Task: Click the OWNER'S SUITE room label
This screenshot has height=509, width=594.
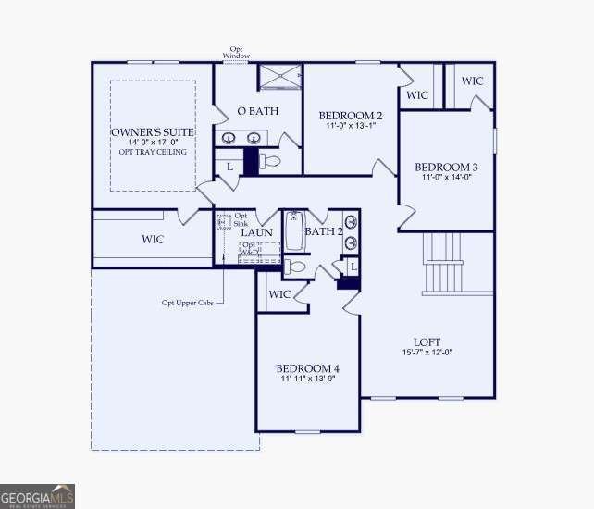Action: (152, 132)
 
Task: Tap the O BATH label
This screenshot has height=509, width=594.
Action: (254, 111)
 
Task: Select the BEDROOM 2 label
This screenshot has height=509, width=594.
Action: (351, 116)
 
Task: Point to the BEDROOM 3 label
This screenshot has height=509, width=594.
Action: (446, 167)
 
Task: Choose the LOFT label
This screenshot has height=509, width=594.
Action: (427, 341)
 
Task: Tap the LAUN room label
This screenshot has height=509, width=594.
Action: (256, 231)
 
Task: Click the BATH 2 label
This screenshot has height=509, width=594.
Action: (324, 231)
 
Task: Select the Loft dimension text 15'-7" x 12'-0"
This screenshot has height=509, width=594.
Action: (427, 352)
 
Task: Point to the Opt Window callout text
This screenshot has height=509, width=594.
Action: (236, 52)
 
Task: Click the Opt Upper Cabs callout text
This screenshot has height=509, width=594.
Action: (187, 302)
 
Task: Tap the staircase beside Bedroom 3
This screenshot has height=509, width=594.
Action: (442, 262)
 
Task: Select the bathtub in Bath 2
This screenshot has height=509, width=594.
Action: (293, 231)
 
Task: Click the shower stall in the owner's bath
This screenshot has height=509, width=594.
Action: (278, 77)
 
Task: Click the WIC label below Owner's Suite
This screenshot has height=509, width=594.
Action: (153, 240)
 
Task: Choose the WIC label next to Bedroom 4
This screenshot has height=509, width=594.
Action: (279, 294)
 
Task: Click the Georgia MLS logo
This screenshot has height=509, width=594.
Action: (37, 497)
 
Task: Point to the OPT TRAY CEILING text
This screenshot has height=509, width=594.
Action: (152, 152)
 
